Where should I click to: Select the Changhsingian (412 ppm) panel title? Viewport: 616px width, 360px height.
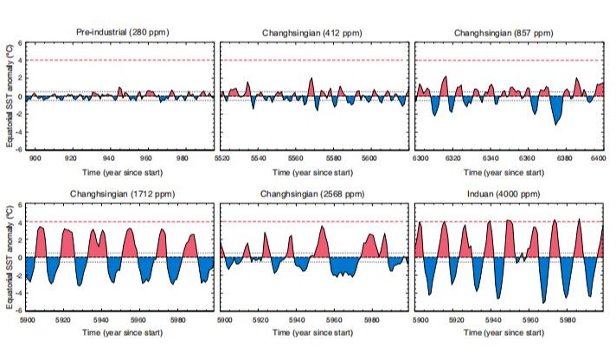(315, 33)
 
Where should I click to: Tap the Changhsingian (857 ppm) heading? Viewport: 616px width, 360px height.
(508, 33)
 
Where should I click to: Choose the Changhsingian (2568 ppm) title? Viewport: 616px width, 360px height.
(315, 196)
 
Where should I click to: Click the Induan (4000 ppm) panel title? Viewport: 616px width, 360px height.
(508, 196)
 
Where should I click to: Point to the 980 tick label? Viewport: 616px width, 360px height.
(182, 159)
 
